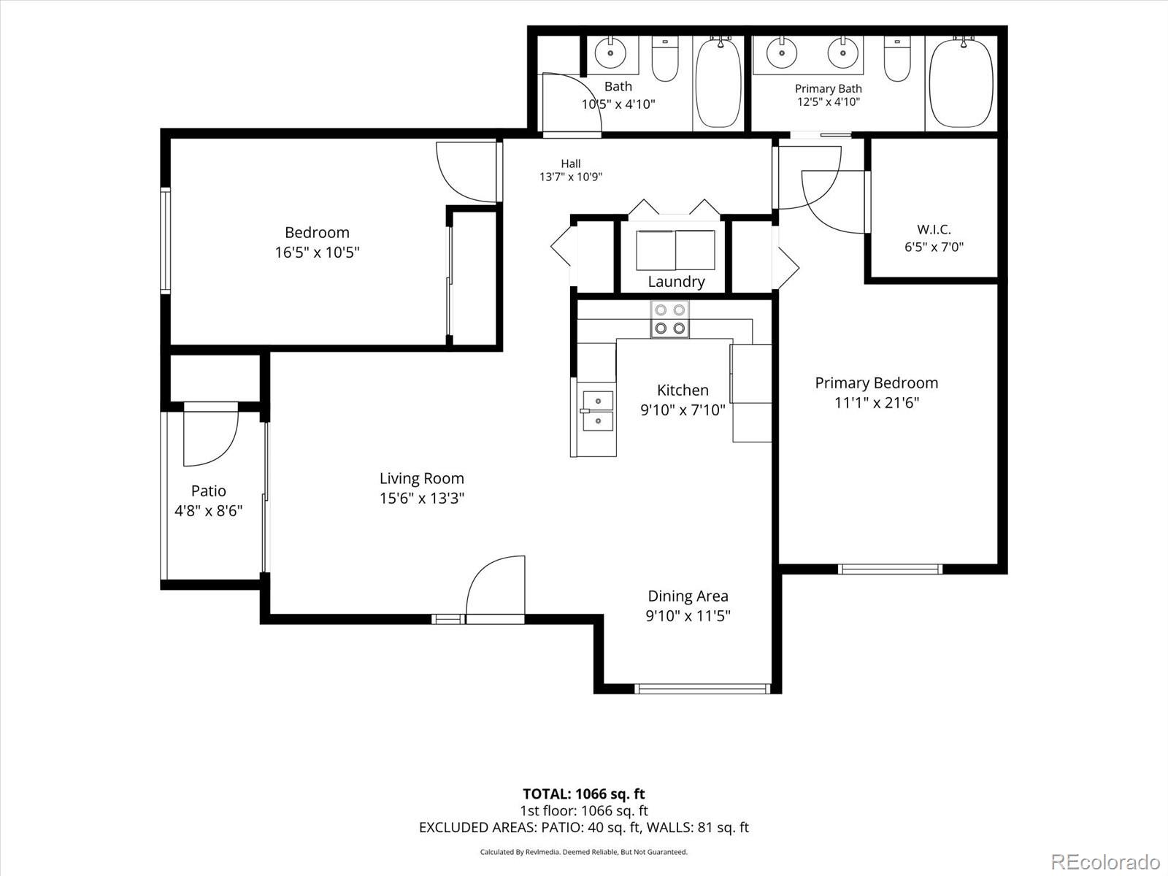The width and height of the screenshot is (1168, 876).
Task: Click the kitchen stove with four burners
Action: (x=669, y=319)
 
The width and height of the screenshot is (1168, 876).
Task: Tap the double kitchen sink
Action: (x=598, y=411)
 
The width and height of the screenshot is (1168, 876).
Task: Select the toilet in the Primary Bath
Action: (x=897, y=58)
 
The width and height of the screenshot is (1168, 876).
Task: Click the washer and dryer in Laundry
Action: (x=675, y=250)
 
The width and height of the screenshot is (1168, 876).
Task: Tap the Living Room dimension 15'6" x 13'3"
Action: (x=422, y=499)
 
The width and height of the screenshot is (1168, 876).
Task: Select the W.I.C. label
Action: (x=934, y=229)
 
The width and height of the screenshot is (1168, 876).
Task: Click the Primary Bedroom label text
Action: (x=877, y=383)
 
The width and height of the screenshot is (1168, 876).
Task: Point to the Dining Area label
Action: (x=688, y=596)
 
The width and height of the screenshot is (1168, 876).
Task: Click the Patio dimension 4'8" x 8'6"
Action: (x=209, y=510)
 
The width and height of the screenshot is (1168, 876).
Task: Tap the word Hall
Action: (x=570, y=164)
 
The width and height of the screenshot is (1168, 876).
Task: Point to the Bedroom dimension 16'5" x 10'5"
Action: (x=317, y=252)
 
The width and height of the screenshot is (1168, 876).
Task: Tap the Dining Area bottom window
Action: (x=702, y=689)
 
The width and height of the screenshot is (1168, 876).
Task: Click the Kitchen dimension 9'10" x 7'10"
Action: (x=683, y=410)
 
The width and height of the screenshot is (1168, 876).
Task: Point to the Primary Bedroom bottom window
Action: (x=890, y=569)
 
